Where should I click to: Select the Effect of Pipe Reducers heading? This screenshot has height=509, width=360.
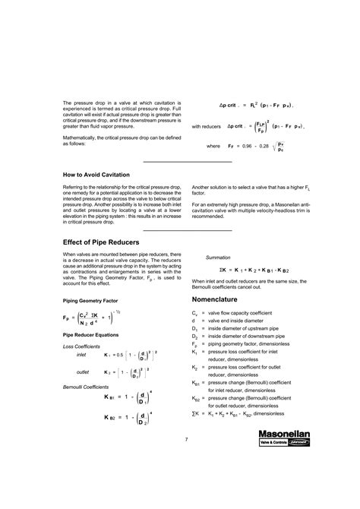tap(106, 242)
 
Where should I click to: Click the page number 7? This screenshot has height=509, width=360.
tap(185, 461)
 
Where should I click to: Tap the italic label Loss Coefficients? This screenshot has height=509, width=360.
tap(82, 346)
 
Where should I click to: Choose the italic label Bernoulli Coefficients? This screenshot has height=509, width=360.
tap(87, 387)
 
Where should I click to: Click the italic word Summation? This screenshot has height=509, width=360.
tap(219, 258)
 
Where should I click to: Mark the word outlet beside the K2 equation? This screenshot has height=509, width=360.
tap(84, 372)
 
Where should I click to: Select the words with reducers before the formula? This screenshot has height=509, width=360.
tap(207, 126)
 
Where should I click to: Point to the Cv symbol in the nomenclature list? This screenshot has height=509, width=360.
tap(195, 313)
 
